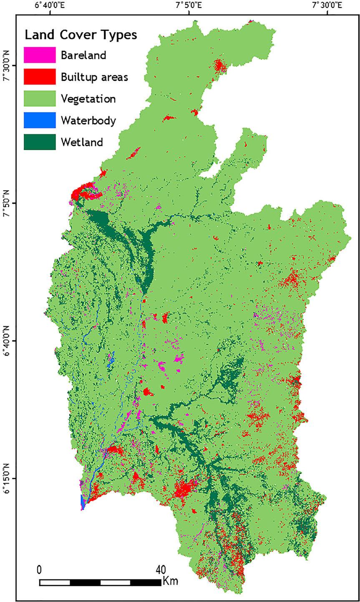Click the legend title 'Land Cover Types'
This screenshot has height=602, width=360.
click(81, 35)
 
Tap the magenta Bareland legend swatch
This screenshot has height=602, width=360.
click(40, 55)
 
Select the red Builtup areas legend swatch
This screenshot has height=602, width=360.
click(40, 77)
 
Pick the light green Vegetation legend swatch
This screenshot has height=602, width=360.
click(40, 99)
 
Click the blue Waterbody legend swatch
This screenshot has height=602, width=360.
click(40, 120)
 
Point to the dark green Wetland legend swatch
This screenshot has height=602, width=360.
click(40, 142)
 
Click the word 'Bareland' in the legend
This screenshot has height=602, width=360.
click(83, 55)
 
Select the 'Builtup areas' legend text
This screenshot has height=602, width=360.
click(94, 77)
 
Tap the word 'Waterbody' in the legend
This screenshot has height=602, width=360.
click(88, 121)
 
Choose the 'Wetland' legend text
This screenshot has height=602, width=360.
click(82, 142)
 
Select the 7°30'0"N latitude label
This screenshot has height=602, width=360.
click(6, 66)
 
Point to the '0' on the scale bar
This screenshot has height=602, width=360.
click(39, 569)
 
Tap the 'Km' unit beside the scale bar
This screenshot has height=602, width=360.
click(171, 581)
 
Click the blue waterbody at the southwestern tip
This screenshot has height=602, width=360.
click(83, 502)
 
